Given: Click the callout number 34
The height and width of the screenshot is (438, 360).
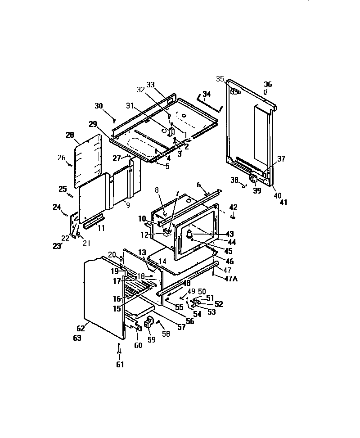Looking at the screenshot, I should [x=207, y=94].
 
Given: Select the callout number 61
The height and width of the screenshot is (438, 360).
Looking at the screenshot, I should [x=119, y=364].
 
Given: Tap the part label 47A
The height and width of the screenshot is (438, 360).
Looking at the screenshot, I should [x=230, y=278].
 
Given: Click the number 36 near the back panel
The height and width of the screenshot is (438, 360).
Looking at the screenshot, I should [x=268, y=84].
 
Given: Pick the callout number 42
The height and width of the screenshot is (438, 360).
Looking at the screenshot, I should [x=233, y=207].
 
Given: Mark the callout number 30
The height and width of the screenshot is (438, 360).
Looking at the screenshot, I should [x=99, y=106].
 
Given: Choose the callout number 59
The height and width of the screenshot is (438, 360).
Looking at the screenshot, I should [x=152, y=340].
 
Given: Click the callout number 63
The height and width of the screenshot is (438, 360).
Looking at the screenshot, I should [x=77, y=338].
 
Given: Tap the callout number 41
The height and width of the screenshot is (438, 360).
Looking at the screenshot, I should [x=283, y=203].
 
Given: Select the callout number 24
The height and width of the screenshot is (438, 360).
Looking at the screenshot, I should [x=56, y=207].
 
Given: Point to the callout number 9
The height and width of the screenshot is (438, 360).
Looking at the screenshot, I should [x=128, y=205].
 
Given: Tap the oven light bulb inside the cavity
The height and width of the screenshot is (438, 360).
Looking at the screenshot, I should [x=190, y=234].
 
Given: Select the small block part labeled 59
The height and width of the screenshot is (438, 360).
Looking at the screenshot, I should [x=148, y=322].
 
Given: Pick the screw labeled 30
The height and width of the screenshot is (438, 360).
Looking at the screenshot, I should [x=115, y=120].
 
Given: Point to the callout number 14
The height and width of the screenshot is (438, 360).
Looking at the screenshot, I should [x=162, y=261].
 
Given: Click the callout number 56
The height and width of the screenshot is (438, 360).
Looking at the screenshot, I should [x=190, y=321].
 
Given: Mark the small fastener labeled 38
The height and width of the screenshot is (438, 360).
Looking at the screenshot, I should [x=245, y=184].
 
